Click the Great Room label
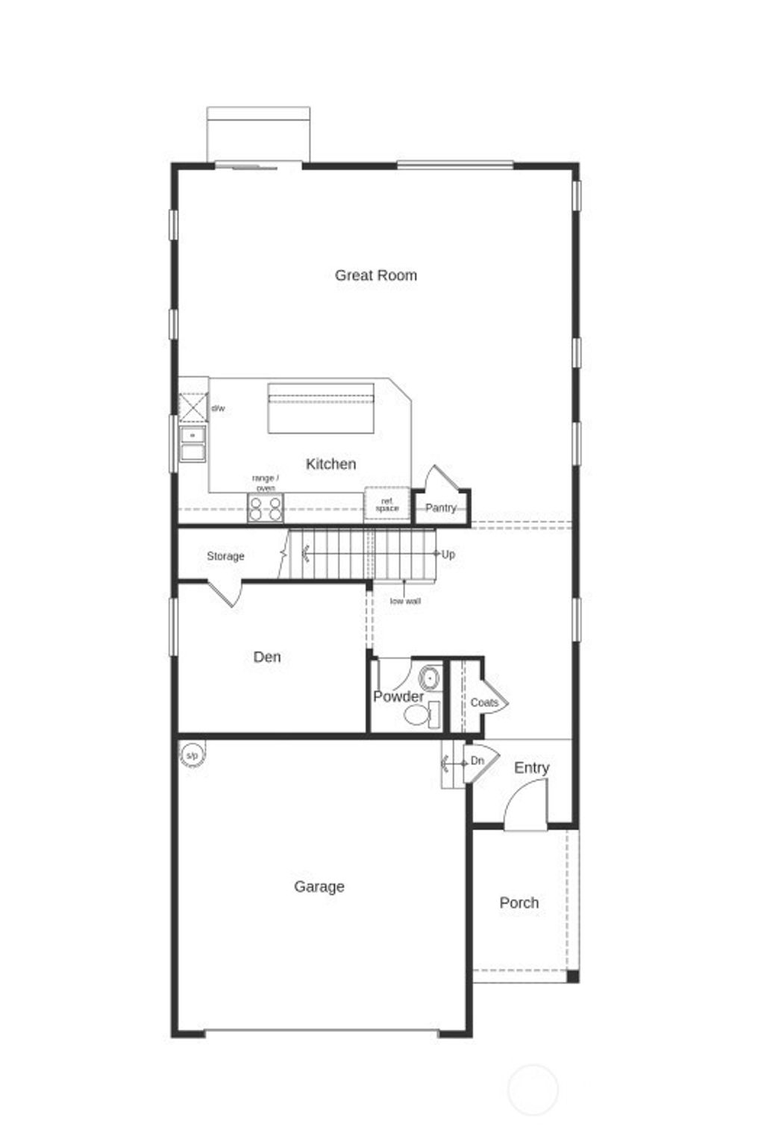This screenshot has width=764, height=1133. [375, 275]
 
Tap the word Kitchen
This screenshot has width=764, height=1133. [331, 464]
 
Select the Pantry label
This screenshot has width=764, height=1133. [440, 508]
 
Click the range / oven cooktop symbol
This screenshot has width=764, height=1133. [266, 509]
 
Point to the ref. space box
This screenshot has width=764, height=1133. [386, 505]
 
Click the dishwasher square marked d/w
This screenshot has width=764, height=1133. [193, 408]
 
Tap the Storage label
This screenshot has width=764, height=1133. [225, 557]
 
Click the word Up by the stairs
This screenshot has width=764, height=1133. [448, 555]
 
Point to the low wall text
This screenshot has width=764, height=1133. [405, 601]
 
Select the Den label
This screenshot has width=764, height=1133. [267, 658]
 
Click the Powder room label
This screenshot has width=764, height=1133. [398, 697]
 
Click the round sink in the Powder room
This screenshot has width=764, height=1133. [430, 678]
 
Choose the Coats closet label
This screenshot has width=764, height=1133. [484, 703]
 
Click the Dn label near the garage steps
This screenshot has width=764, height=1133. [477, 761]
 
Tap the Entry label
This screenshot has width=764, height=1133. [531, 768]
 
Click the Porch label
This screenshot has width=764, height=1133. [519, 903]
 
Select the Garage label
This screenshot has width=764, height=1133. [319, 887]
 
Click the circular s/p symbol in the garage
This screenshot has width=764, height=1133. [192, 756]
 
